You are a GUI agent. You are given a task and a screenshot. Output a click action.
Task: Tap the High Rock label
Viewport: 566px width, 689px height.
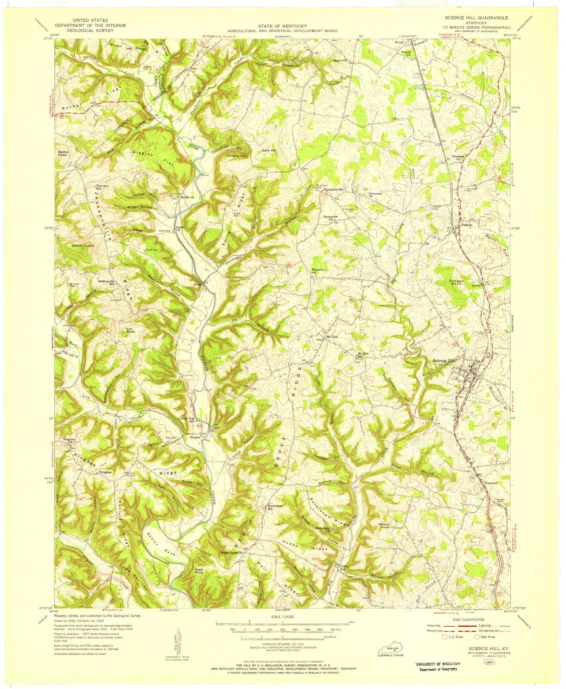200,571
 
